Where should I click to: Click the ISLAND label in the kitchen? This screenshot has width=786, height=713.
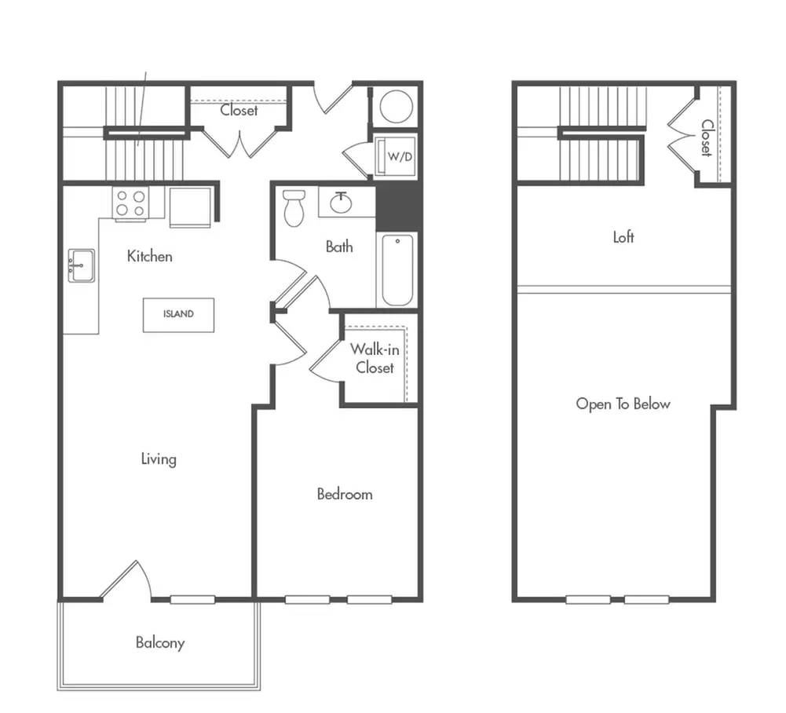[x=178, y=314]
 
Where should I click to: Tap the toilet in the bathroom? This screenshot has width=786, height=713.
[x=294, y=207]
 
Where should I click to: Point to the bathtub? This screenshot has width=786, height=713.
[x=397, y=270]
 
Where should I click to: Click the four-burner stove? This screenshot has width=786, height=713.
[x=130, y=203]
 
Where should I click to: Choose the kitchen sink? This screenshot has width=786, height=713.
[x=81, y=265]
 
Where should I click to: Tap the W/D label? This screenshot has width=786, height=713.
[x=400, y=157]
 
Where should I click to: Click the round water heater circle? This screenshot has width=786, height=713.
[x=396, y=106]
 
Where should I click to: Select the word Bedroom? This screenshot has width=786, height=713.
[x=345, y=495]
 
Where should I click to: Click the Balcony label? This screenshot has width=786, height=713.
[x=160, y=643]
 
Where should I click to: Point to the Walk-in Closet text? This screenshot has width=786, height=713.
[x=375, y=358]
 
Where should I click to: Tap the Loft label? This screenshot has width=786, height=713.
[x=623, y=236]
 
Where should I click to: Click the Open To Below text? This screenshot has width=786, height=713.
[x=623, y=404]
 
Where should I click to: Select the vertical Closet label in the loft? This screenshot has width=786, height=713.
[x=706, y=138]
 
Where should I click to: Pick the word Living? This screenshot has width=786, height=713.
[x=159, y=459]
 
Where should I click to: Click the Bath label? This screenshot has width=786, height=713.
[x=339, y=247]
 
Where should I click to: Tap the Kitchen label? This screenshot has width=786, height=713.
[x=149, y=256]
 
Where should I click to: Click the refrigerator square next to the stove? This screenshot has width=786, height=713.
[x=190, y=207]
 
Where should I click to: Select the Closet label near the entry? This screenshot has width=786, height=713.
[x=239, y=110]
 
